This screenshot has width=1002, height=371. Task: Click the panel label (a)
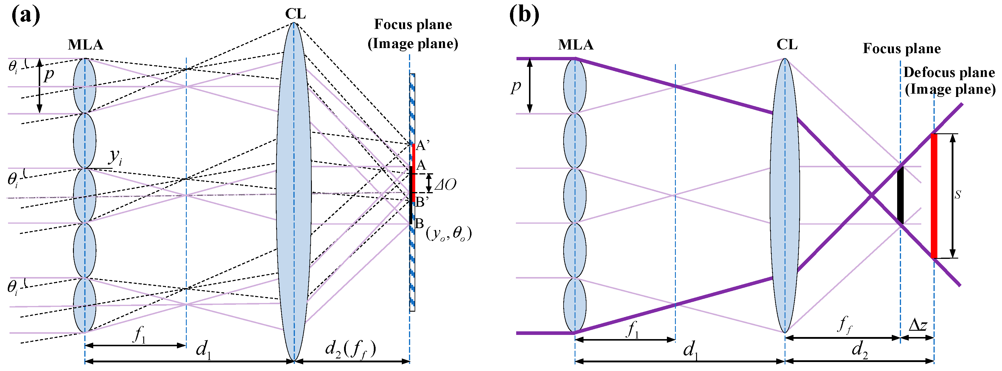[x=26, y=16]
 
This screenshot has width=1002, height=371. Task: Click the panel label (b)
[x=524, y=16]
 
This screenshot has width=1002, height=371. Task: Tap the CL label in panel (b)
[x=787, y=45]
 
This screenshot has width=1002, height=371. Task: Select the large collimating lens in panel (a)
[x=294, y=191]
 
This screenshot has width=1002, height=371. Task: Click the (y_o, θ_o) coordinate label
[x=449, y=234]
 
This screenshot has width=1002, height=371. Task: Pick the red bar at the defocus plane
[x=934, y=196]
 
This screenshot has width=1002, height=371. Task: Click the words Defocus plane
[x=949, y=72]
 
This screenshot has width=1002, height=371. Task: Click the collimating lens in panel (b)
[x=785, y=195]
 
